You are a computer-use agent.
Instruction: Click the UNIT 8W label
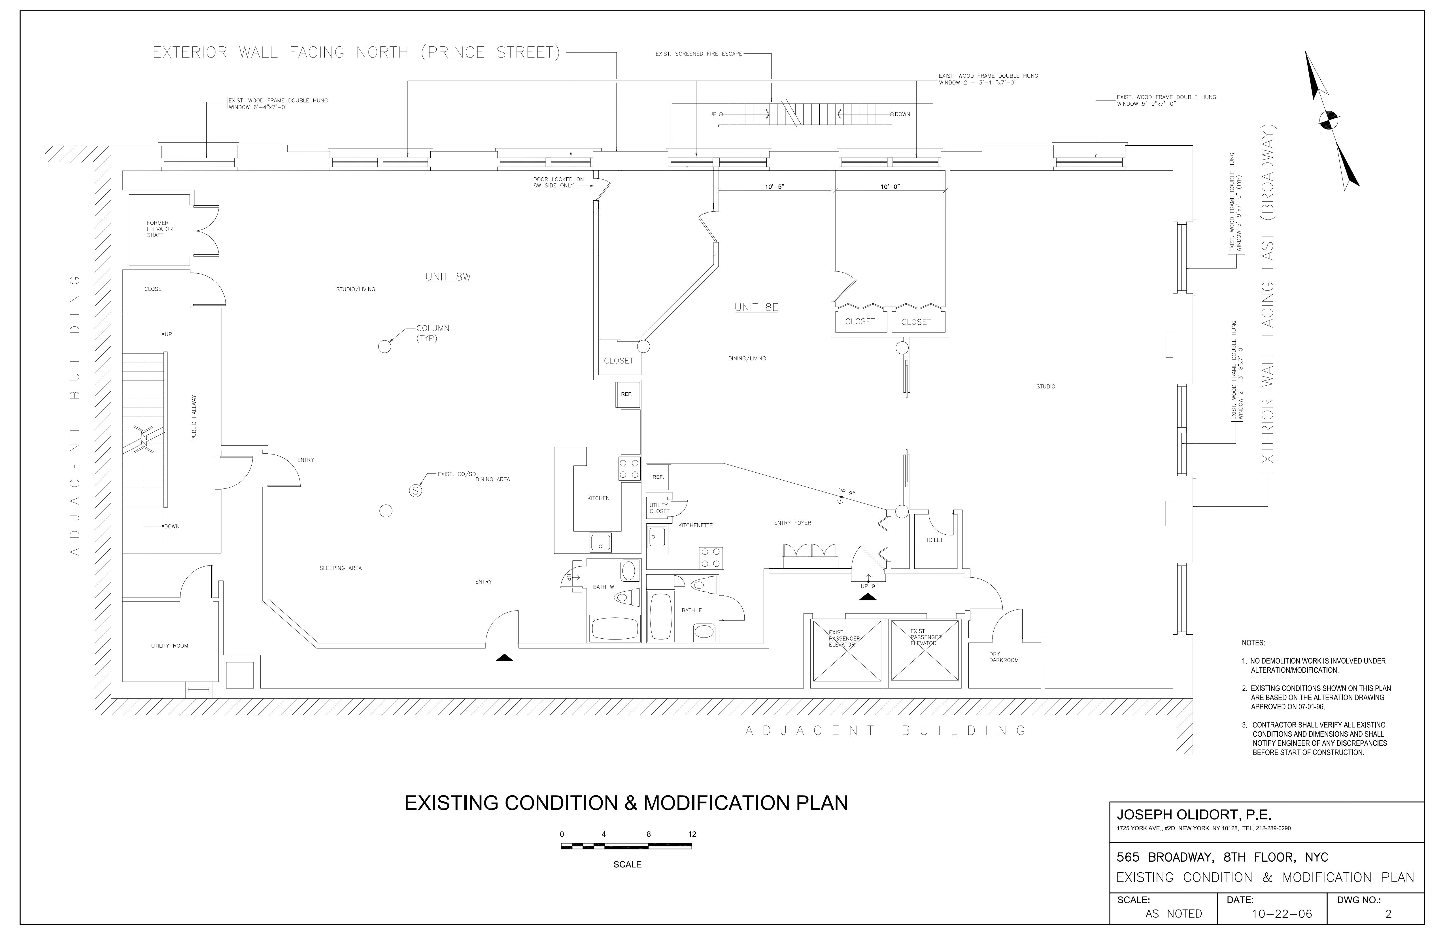[x=448, y=277]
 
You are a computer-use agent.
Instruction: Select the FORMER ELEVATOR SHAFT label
[x=160, y=229]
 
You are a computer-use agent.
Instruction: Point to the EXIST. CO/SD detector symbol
[x=415, y=490]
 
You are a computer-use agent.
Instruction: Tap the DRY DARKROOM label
[x=1004, y=657]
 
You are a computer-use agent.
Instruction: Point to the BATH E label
[x=692, y=610]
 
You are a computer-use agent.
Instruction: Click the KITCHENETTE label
[x=695, y=525]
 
